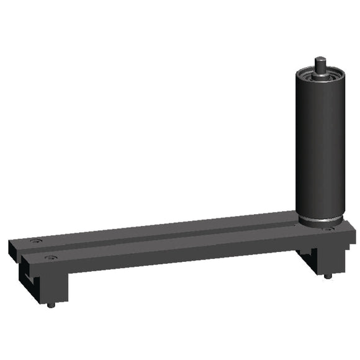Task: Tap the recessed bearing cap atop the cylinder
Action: tap(320, 75)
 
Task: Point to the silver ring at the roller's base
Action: tap(320, 222)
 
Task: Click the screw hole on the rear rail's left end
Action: tap(35, 240)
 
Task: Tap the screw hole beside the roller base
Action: tap(328, 229)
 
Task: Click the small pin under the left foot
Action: tap(52, 304)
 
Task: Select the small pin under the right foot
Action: tap(328, 276)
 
